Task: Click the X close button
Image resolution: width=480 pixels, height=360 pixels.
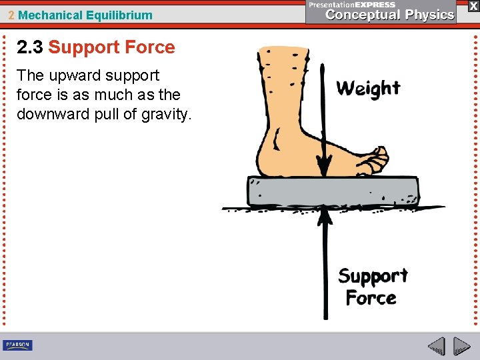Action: [x=473, y=5]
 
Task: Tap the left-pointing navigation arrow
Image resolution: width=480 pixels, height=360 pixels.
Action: [x=436, y=346]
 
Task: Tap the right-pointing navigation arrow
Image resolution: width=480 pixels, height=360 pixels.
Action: [x=461, y=346]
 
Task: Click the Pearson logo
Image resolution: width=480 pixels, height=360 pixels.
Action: [x=17, y=345]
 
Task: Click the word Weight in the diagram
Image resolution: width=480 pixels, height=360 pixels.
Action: [x=368, y=89]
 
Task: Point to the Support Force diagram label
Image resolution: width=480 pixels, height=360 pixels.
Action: [x=373, y=287]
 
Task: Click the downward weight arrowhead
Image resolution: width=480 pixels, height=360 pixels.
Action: [x=324, y=166]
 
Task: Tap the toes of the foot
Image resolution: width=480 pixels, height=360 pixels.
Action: [x=377, y=160]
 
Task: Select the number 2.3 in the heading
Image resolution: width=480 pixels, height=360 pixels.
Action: [x=30, y=47]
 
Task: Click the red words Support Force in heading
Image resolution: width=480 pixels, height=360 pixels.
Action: [x=111, y=47]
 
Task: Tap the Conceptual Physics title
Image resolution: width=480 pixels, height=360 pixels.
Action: [x=390, y=15]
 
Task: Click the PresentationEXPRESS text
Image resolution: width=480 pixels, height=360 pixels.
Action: [x=351, y=4]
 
